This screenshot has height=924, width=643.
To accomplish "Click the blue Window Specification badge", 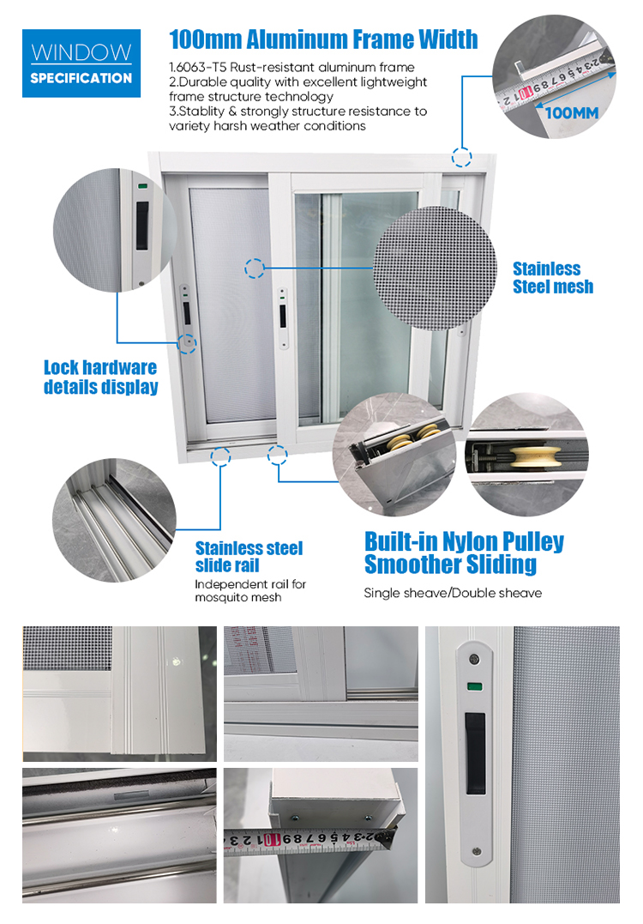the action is tap(81, 63).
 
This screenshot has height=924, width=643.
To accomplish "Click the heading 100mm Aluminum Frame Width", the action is tap(323, 39).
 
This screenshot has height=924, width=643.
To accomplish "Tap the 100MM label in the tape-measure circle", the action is tap(572, 113).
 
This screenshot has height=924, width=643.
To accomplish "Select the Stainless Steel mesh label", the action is tap(553, 278).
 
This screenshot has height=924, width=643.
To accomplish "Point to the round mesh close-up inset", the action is tap(435, 269).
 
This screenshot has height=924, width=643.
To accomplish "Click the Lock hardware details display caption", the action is tap(100, 377).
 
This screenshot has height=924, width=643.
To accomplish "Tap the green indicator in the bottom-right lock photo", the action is tap(473, 686).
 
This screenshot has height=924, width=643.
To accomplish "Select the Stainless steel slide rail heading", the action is tap(249, 557).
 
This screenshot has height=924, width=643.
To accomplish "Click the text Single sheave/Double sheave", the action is tap(453, 593).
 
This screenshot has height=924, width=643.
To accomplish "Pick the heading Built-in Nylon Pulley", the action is tap(464, 541).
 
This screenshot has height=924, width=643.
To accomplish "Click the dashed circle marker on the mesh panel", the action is tap(255, 269).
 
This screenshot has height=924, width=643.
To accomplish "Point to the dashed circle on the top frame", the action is tap(461, 157).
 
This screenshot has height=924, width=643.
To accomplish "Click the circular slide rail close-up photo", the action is tap(114, 520).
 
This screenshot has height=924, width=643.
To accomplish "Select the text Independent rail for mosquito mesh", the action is tap(250, 590).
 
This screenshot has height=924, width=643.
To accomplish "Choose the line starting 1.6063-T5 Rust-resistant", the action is tap(292, 67).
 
